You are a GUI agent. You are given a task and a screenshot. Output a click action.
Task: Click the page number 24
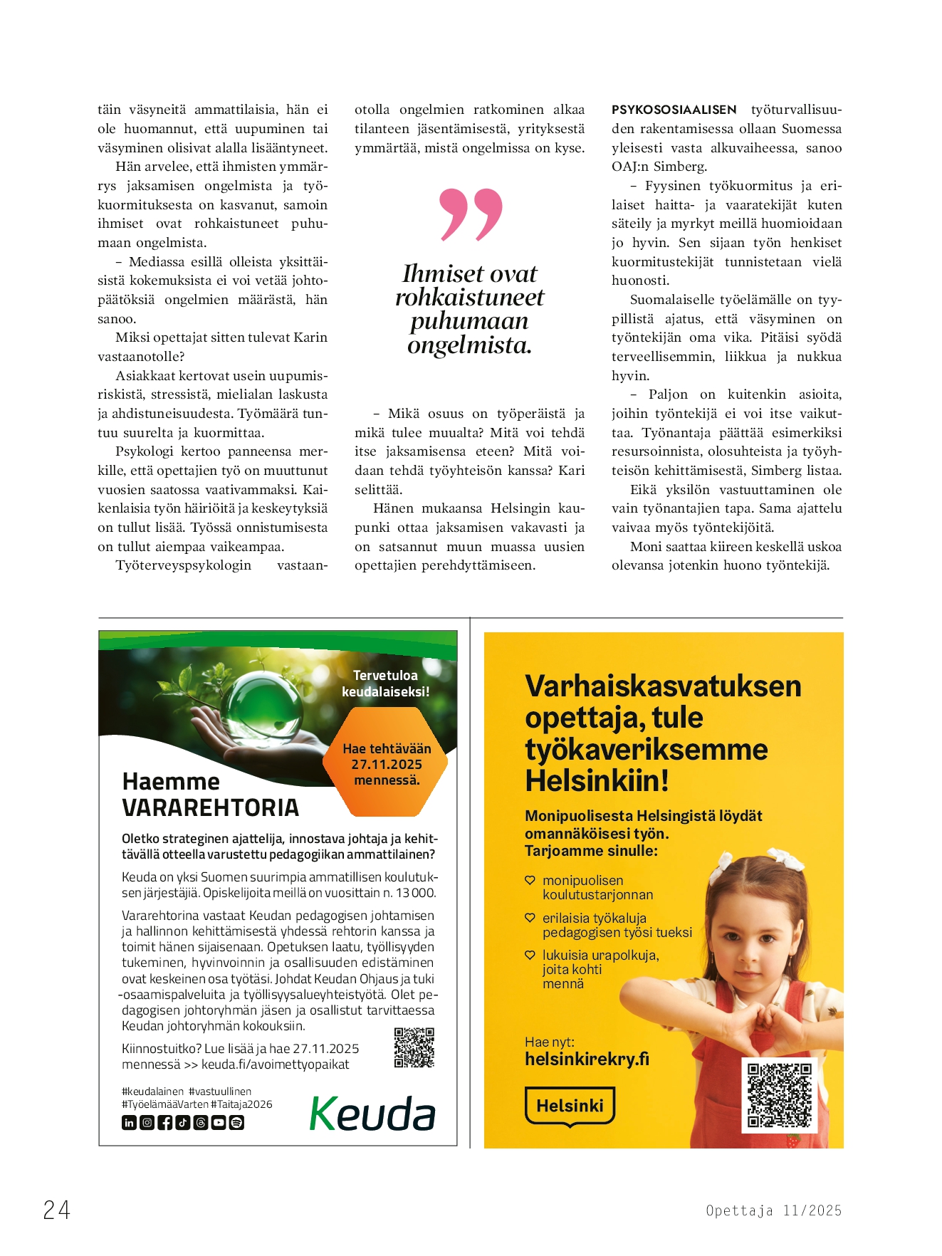57,1210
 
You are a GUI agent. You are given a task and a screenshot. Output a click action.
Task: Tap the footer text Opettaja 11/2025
773,1210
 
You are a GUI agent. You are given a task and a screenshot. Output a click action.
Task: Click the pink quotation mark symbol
471,214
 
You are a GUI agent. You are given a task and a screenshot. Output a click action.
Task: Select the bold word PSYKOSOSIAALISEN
674,110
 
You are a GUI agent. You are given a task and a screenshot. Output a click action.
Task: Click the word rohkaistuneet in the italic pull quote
469,298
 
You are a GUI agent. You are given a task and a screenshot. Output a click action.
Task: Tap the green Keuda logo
372,1114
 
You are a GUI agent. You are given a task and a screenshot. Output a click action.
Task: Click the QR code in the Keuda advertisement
414,1047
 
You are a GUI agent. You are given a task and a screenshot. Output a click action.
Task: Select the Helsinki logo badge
570,1106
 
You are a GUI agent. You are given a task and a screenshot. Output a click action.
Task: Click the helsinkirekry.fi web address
587,1059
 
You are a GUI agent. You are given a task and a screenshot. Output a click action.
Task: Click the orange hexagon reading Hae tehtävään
387,765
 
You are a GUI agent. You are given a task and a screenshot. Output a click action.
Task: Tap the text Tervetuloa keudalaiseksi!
385,684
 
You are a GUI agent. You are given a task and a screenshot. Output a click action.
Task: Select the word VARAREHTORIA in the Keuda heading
210,808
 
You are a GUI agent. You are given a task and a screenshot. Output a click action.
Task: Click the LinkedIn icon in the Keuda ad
129,1123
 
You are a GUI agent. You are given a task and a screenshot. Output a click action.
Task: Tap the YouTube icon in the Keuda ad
219,1123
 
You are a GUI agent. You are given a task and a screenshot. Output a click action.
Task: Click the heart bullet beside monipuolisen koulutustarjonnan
530,881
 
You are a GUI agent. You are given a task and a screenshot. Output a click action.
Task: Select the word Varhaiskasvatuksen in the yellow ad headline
663,686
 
